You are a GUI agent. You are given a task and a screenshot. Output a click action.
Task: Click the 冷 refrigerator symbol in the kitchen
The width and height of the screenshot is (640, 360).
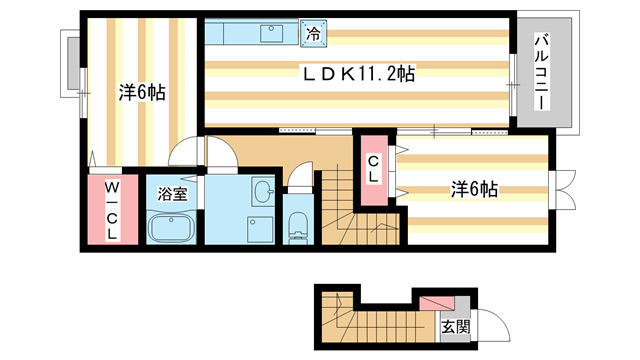coord(313,34)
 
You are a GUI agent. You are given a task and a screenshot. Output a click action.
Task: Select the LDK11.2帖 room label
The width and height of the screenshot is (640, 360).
coord(360,73)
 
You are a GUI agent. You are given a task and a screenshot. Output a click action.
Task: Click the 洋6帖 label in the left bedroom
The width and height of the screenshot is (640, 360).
coord(142,92)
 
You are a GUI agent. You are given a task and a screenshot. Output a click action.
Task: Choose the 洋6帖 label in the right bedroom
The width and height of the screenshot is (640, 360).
coord(474,188)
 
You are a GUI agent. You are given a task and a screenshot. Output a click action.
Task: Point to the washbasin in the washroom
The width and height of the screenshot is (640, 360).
coord(262,191)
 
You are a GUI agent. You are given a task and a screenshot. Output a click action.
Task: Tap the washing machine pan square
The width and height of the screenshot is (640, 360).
coord(261,229)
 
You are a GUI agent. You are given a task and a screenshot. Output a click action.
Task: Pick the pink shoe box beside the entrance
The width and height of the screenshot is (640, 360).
coord(435,301)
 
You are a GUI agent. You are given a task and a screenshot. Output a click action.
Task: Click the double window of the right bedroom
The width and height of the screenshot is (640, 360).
coord(562,190)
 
